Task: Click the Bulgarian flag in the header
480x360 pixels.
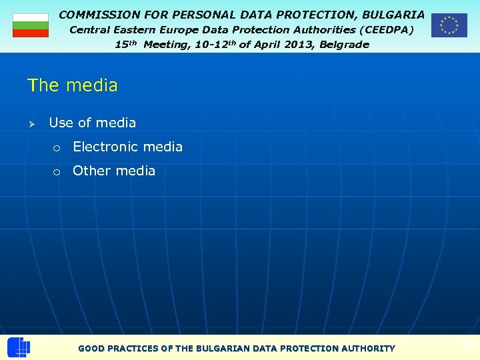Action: [31, 25]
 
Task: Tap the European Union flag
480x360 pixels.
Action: [449, 25]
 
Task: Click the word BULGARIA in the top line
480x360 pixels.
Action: [393, 14]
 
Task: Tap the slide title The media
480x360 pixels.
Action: [72, 85]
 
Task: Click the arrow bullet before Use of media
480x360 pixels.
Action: [31, 123]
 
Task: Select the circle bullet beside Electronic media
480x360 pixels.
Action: [57, 147]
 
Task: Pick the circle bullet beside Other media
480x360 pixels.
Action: [57, 171]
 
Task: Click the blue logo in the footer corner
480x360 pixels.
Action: [19, 347]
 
